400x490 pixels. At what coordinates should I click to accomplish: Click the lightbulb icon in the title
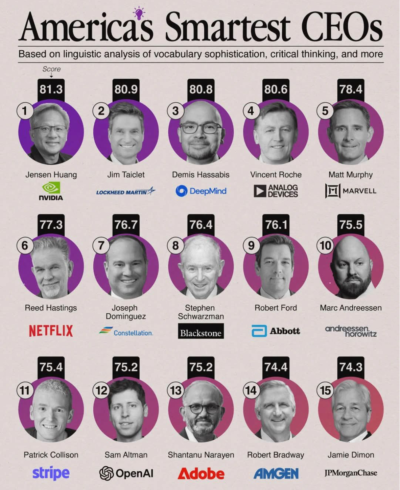pos(139,13)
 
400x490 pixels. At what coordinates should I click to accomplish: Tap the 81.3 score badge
pos(51,89)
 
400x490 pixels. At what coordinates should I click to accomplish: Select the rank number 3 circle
pos(175,111)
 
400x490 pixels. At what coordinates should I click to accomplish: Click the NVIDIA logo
pos(51,191)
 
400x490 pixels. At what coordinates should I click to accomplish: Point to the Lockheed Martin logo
pos(126,191)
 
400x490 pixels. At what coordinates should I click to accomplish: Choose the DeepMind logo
pos(201,191)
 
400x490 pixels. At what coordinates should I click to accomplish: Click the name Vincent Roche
pos(276,175)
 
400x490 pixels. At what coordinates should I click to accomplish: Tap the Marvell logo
pos(351,191)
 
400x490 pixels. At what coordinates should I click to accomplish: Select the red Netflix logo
pos(51,331)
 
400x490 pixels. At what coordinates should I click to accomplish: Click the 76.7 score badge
pos(126,225)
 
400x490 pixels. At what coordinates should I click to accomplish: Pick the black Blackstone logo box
pos(201,331)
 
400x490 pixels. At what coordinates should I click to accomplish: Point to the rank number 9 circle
pos(251,246)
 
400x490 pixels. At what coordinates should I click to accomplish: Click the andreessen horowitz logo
pos(351,331)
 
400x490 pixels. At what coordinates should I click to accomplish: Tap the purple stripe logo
pos(51,473)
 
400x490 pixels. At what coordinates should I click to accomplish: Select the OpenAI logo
pos(126,473)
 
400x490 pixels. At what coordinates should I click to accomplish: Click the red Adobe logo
pos(201,473)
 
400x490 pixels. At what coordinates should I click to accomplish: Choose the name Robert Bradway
pos(276,455)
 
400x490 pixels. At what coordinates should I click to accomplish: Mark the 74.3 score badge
pos(351,367)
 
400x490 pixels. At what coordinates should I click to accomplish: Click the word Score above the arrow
pos(51,69)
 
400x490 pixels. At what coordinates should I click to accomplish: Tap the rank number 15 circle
pos(326,391)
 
